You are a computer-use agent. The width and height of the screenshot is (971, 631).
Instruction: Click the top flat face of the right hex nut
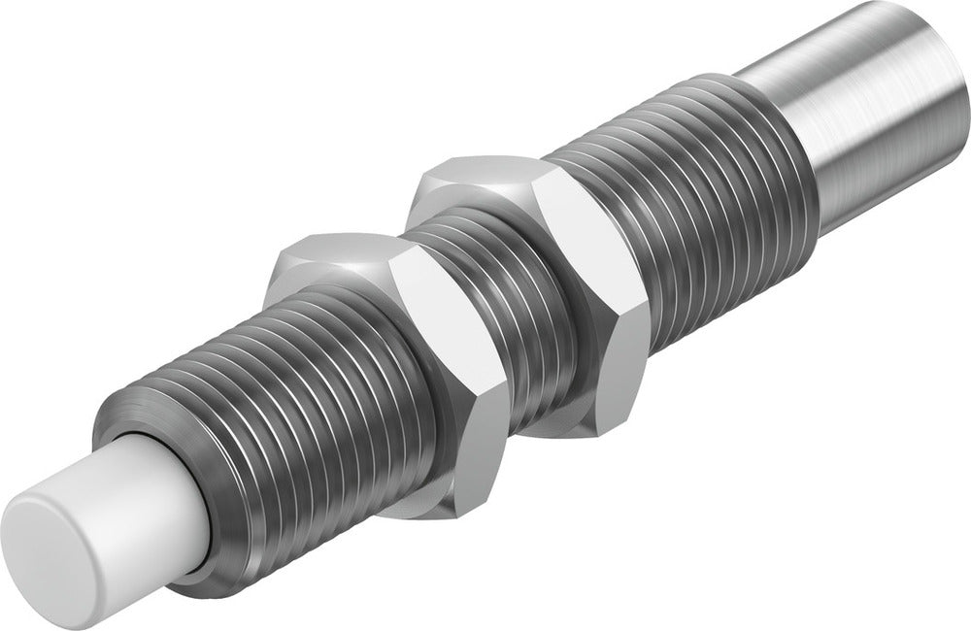[476, 180]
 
